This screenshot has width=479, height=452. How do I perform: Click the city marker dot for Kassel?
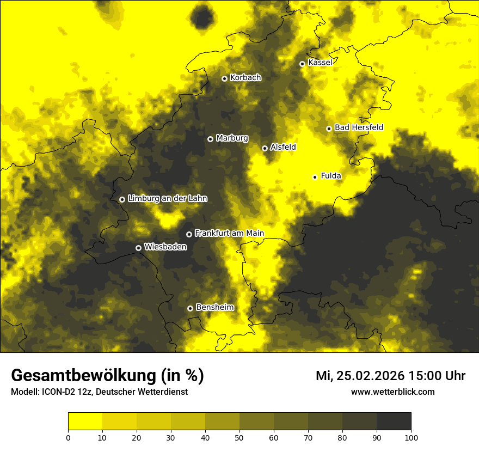(x=302, y=64)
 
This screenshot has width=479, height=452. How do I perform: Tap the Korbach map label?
(x=245, y=78)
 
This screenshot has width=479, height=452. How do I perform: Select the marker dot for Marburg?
(x=210, y=139)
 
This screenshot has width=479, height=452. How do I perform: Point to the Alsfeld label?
(x=283, y=147)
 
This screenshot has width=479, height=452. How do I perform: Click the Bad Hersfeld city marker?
(x=329, y=129)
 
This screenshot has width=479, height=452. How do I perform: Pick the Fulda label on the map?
(x=331, y=176)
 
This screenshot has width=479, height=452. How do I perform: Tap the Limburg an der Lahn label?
(x=167, y=199)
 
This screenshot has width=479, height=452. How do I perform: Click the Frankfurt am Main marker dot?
(x=189, y=234)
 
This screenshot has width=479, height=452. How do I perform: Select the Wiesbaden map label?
(x=165, y=247)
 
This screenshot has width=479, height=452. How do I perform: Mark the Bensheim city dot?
(x=190, y=308)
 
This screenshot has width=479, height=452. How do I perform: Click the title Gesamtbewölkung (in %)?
(x=107, y=376)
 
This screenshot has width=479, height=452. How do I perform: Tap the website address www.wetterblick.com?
(x=392, y=392)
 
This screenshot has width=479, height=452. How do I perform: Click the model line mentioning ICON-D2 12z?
(x=99, y=392)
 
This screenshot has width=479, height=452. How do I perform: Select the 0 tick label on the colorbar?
(x=68, y=437)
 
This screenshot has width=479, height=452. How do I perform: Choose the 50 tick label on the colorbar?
(x=239, y=437)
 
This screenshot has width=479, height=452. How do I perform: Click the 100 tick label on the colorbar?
(x=411, y=437)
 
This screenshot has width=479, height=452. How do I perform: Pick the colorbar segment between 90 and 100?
(x=394, y=421)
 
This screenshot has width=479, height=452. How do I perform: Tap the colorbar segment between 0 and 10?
(x=85, y=421)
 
